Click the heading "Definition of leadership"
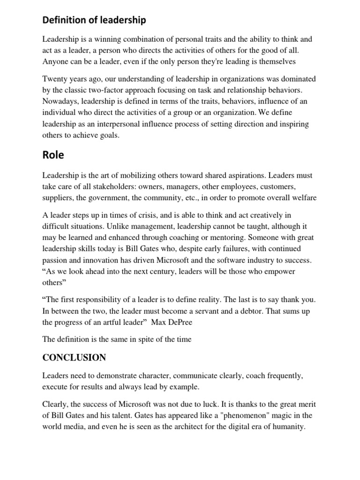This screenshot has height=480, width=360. [x=94, y=20]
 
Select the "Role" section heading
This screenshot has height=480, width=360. [x=54, y=154]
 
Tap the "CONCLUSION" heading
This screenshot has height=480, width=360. [x=74, y=358]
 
